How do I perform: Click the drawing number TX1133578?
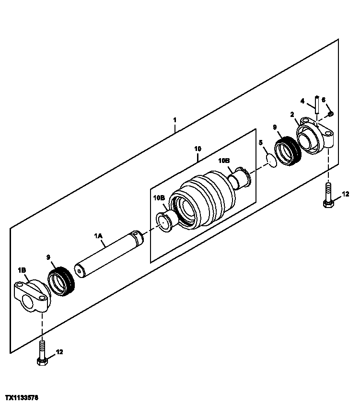pyautogui.click(x=22, y=398)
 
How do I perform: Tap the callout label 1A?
pyautogui.click(x=98, y=236)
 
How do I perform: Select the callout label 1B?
pyautogui.click(x=22, y=270)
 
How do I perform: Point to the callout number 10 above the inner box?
pyautogui.click(x=198, y=149)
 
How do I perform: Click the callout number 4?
pyautogui.click(x=302, y=101)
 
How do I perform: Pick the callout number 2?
pyautogui.click(x=291, y=114)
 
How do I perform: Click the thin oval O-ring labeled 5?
pyautogui.click(x=271, y=161)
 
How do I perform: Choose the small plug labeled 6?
pyautogui.click(x=331, y=114)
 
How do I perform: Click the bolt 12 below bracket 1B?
pyautogui.click(x=43, y=355)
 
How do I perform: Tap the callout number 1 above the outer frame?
pyautogui.click(x=175, y=119)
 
